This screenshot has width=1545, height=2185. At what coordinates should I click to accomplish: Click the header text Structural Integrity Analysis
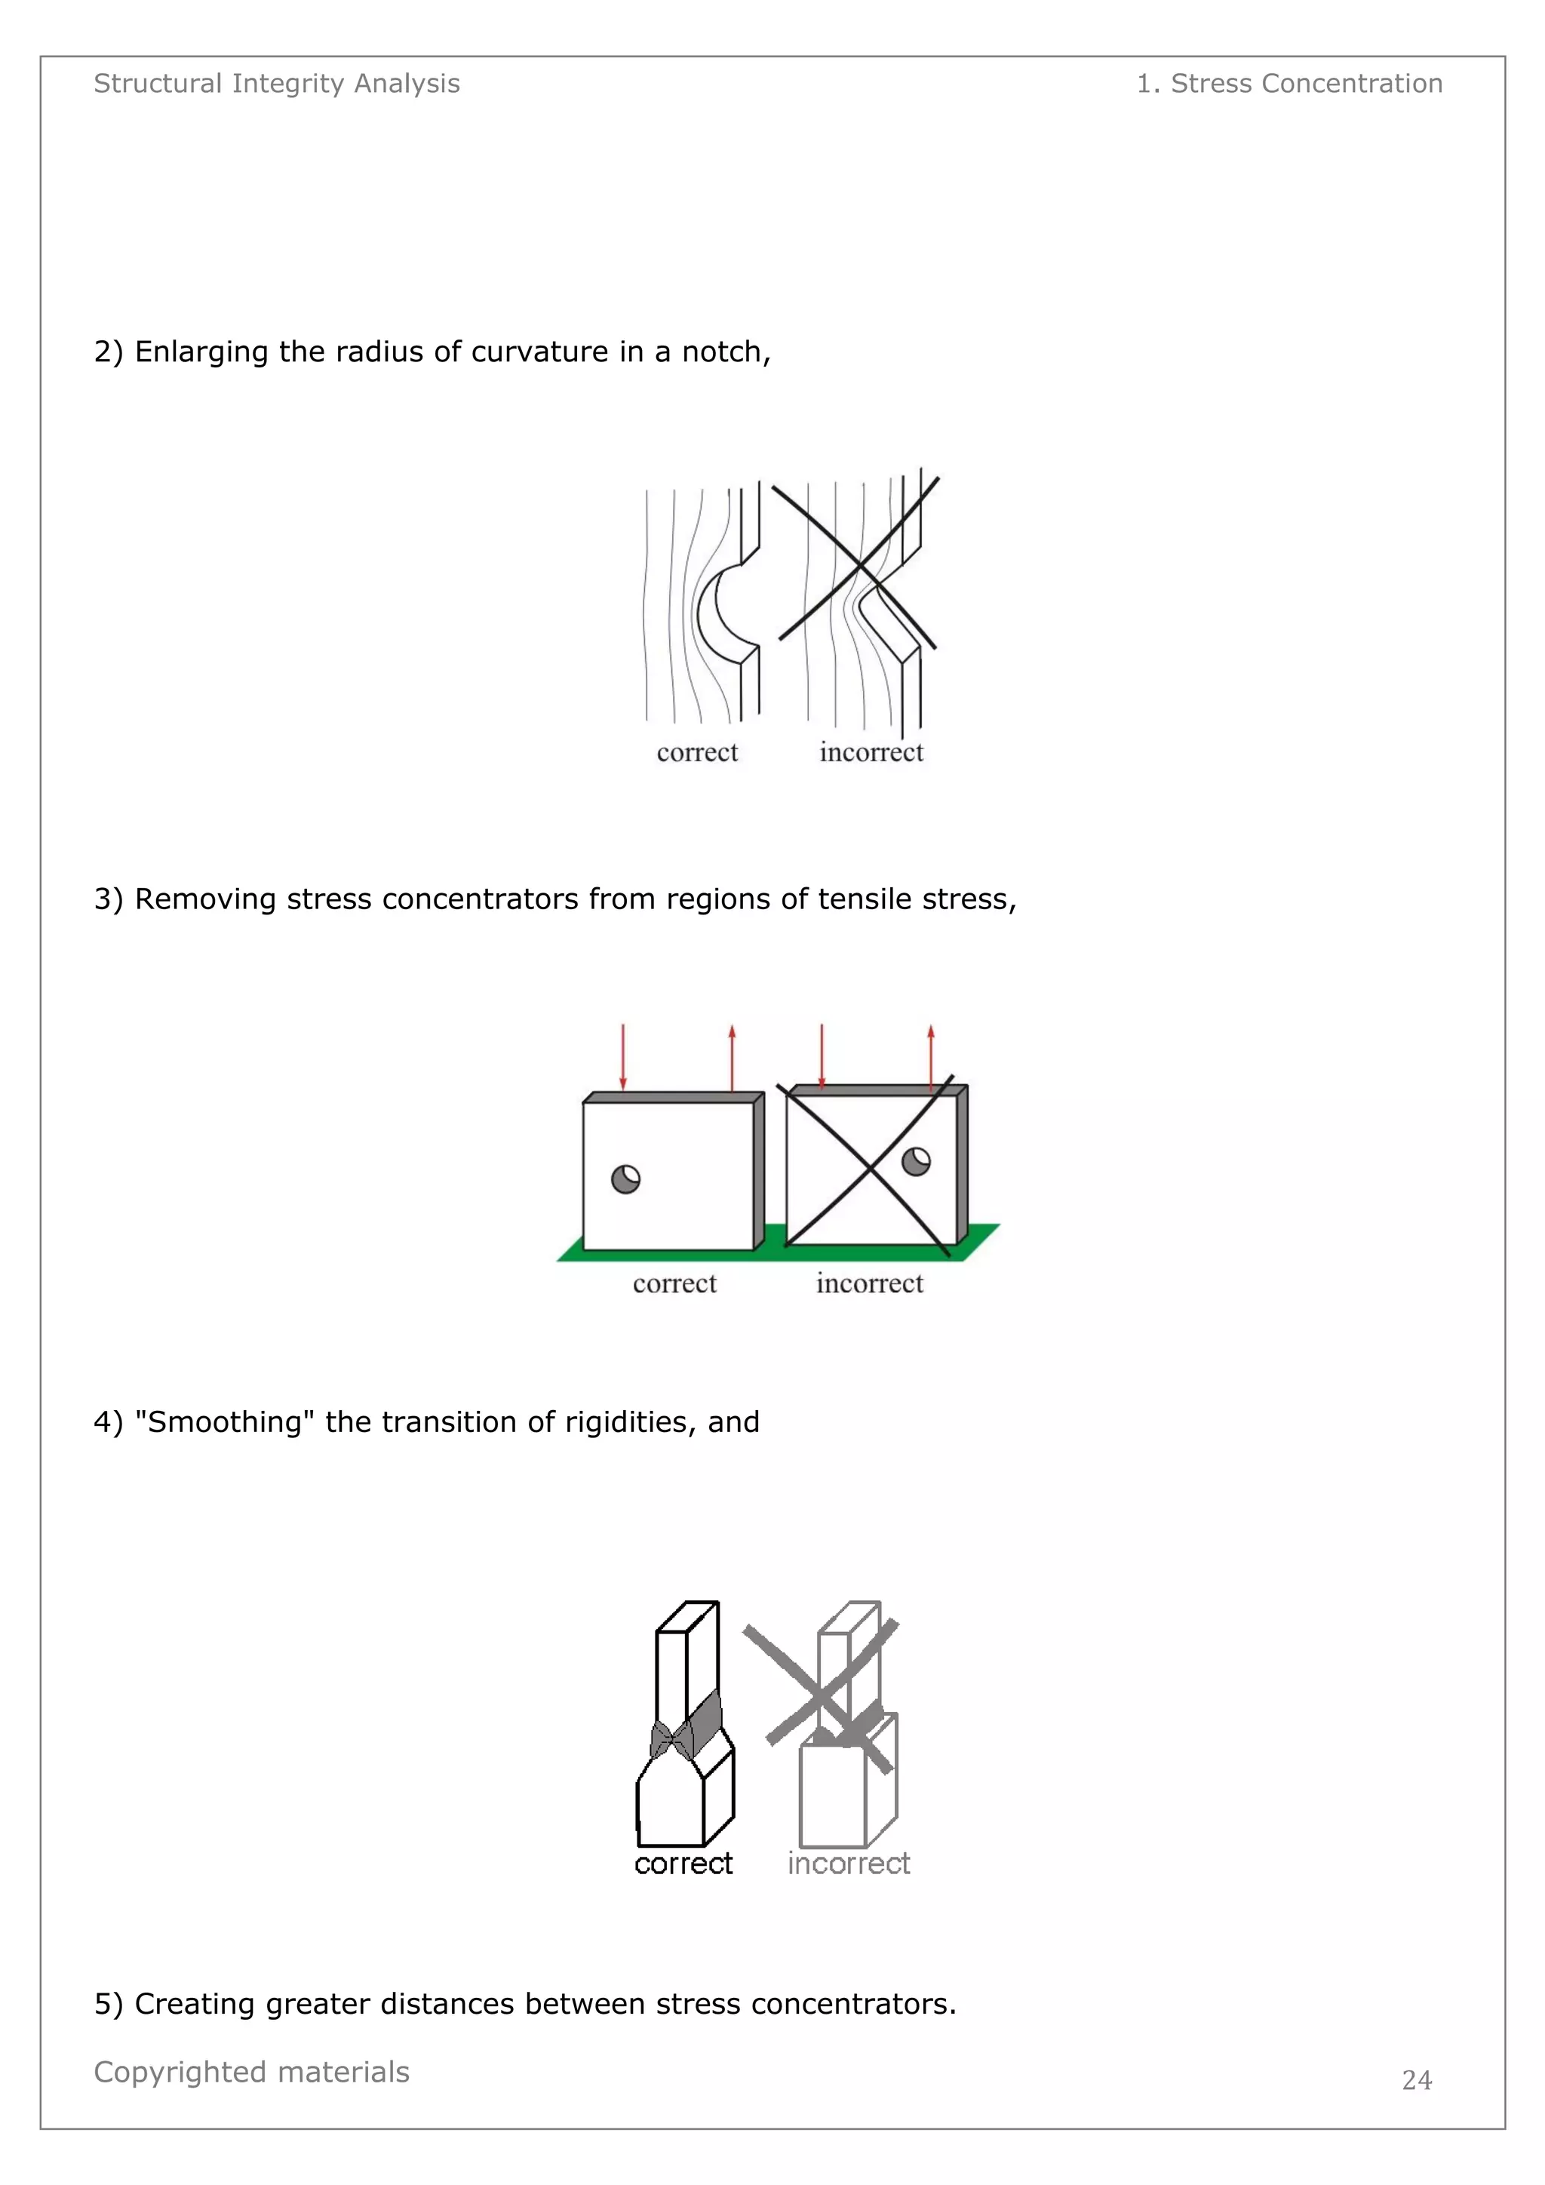coord(276,84)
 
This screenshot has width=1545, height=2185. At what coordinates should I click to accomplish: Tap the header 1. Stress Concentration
coord(1289,84)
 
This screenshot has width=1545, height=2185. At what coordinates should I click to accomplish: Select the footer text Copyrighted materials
coord(251,2071)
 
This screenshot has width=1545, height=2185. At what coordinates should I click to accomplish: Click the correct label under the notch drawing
coord(696,753)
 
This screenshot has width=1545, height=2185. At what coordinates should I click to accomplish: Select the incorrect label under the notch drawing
coord(871,753)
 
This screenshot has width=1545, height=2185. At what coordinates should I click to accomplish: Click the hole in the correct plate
coord(625,1179)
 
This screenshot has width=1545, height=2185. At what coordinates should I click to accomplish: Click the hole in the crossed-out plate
coord(915,1161)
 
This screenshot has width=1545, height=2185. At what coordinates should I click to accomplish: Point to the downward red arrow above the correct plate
coord(623,1056)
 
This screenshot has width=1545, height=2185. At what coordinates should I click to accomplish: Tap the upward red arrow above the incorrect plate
coord(930,1056)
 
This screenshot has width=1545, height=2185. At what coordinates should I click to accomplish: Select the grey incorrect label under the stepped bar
coord(848,1864)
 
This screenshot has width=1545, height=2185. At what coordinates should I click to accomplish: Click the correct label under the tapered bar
coord(683,1864)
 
